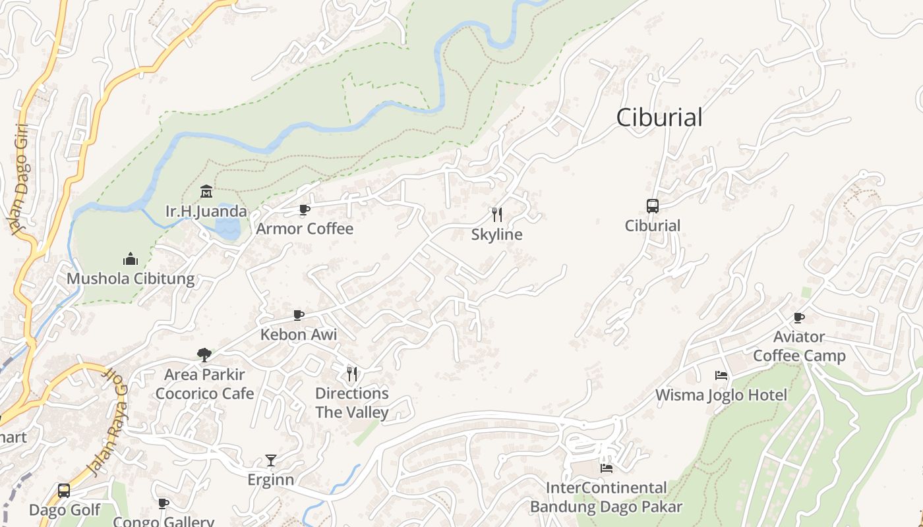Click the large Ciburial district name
tap(659, 117)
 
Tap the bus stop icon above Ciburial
tap(652, 206)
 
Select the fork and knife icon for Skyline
tap(497, 214)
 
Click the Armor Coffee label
tap(305, 229)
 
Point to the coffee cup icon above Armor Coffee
tap(304, 209)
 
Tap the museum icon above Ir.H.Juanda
tap(206, 192)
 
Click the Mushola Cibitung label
tap(131, 278)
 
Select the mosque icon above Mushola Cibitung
tap(131, 258)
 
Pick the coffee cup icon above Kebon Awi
tap(299, 315)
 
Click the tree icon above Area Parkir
tap(204, 354)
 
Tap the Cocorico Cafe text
tap(204, 393)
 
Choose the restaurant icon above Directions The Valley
tap(352, 374)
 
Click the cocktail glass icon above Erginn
tap(271, 460)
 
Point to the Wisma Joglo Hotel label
tap(721, 395)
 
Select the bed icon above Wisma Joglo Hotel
tap(721, 375)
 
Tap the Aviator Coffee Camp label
tap(799, 347)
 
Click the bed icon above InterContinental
tap(607, 468)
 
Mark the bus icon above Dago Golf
tap(64, 491)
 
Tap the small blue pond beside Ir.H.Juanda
tap(228, 227)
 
